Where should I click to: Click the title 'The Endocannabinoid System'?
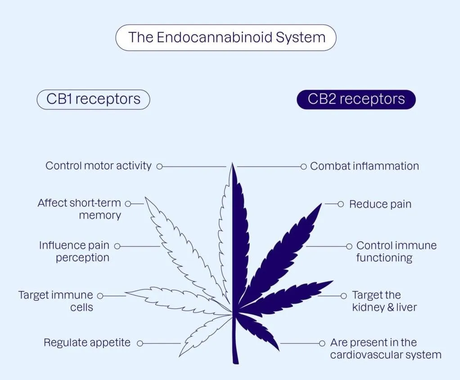coord(226,37)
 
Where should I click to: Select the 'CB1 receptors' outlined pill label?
coord(93,99)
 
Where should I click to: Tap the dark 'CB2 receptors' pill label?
coord(356,99)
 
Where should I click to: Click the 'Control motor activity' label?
coord(99,166)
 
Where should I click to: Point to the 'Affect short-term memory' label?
coord(80,209)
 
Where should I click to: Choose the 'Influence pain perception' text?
coord(74,251)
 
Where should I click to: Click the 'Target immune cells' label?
coord(56,301)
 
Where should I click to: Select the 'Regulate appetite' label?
coord(87,343)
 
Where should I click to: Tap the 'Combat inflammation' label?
coord(365,166)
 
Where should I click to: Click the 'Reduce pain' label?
coord(380,204)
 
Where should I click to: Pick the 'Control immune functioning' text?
coord(396,251)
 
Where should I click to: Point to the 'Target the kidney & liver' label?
coord(384,301)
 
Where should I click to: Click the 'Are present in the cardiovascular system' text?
coord(386,349)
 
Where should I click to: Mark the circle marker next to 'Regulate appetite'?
coord(140,343)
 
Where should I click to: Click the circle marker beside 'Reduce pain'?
coord(341,204)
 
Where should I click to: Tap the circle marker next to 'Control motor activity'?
coord(159,166)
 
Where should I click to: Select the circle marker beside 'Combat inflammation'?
coord(303,166)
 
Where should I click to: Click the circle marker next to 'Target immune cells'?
coord(100,296)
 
